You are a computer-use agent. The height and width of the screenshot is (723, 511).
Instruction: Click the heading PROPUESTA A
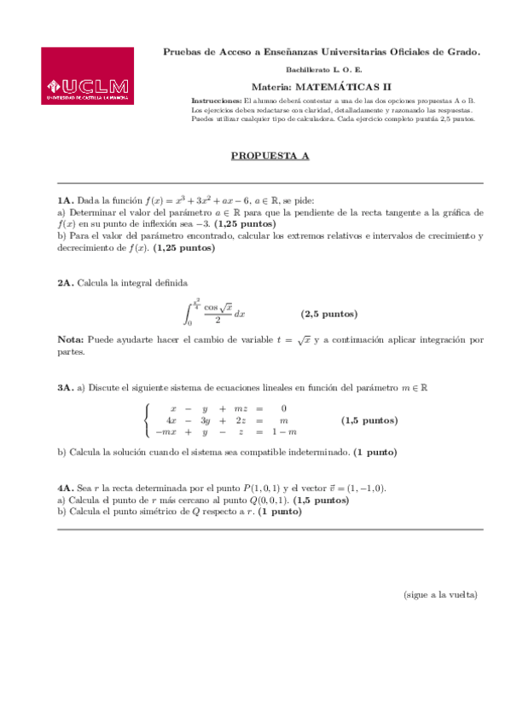pyautogui.click(x=270, y=156)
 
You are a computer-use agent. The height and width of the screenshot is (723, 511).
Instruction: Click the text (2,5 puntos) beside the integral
pyautogui.click(x=329, y=314)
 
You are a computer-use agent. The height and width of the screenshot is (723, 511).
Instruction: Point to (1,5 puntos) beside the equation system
pyautogui.click(x=369, y=419)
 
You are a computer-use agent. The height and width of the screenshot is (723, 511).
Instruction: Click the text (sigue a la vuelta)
pyautogui.click(x=440, y=594)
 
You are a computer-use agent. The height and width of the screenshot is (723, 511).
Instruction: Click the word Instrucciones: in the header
pyautogui.click(x=217, y=101)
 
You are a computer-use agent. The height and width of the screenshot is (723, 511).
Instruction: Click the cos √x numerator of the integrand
pyautogui.click(x=218, y=307)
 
